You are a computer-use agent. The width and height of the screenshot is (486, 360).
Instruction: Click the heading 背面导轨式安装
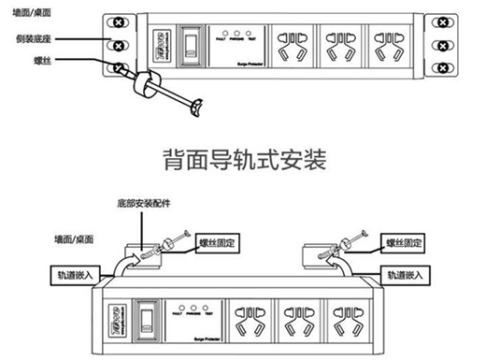[242, 159]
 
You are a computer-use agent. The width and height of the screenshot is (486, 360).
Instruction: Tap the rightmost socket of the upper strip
[386, 44]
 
